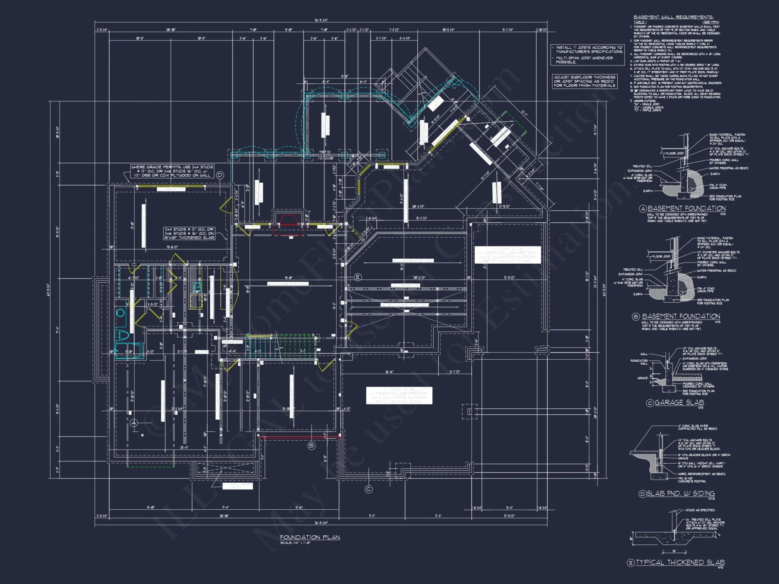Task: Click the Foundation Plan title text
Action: (x=310, y=537)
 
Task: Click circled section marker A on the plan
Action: (x=134, y=423)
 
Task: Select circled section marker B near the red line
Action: (x=311, y=446)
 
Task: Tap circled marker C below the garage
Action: (x=368, y=489)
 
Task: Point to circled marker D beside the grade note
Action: (x=220, y=175)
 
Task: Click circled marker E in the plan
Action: (x=358, y=277)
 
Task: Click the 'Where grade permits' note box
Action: (x=172, y=171)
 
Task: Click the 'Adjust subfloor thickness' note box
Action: (x=584, y=81)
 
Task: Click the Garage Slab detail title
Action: (x=679, y=403)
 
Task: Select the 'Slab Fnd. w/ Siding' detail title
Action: (x=680, y=494)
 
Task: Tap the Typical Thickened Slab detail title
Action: (x=680, y=562)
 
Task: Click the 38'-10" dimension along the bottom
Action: (x=224, y=516)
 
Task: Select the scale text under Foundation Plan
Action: (x=295, y=543)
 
